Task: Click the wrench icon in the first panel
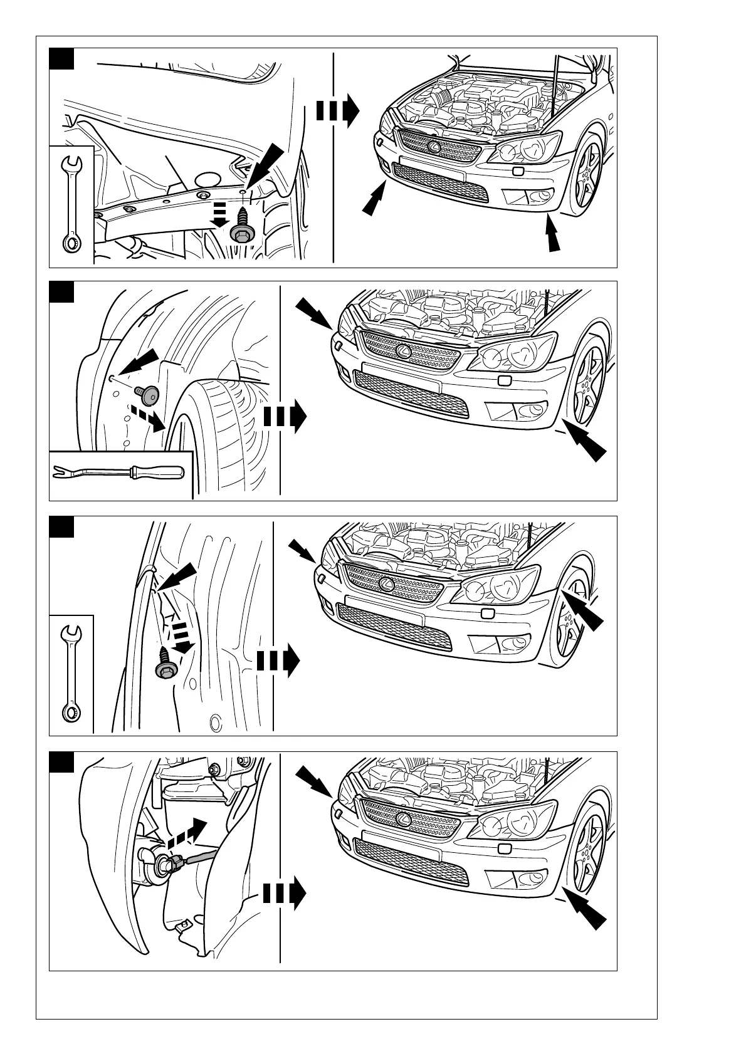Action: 72,204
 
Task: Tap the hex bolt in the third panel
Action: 165,666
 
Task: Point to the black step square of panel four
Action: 62,761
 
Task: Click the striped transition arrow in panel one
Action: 337,110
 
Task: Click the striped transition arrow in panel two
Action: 285,417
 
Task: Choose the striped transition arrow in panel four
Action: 284,893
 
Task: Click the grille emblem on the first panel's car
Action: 433,147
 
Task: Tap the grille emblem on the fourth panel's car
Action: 404,819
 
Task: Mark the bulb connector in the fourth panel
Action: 168,865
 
